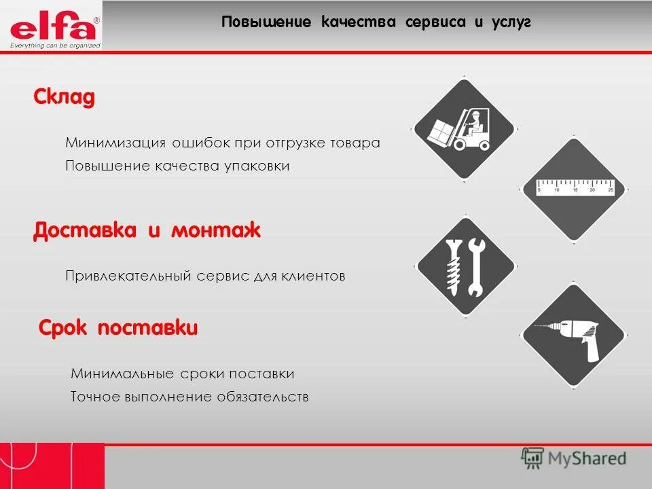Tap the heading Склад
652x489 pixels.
(65, 98)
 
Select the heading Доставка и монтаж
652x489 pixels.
(147, 230)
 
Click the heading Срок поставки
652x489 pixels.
(118, 329)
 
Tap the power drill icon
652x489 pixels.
(573, 338)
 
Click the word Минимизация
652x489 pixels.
(115, 143)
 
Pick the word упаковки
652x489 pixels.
(257, 166)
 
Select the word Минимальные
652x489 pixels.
(123, 374)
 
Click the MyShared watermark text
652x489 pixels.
(587, 458)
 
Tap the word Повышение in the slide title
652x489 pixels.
(266, 22)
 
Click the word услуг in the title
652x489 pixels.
(512, 22)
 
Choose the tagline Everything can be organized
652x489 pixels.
(55, 46)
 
